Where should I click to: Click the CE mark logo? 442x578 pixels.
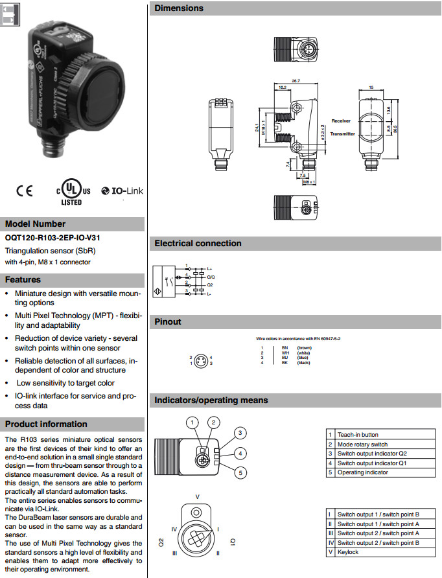(x=24, y=191)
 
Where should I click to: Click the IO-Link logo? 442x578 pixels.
(x=122, y=191)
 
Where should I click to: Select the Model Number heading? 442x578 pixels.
(x=35, y=224)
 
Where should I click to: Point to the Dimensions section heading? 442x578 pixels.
(x=179, y=8)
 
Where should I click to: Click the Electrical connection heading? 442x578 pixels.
(x=198, y=244)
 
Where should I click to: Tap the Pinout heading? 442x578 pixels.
(x=168, y=321)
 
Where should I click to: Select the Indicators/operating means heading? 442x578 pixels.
(x=211, y=400)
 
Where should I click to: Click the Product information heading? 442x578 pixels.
(x=46, y=424)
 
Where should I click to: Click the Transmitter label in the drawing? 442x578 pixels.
(x=343, y=134)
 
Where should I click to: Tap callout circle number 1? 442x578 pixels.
(x=192, y=423)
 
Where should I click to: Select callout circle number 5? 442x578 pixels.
(x=240, y=473)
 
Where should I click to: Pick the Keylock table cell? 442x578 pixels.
(x=348, y=552)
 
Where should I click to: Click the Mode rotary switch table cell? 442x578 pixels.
(x=362, y=445)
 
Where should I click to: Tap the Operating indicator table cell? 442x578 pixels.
(x=362, y=472)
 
